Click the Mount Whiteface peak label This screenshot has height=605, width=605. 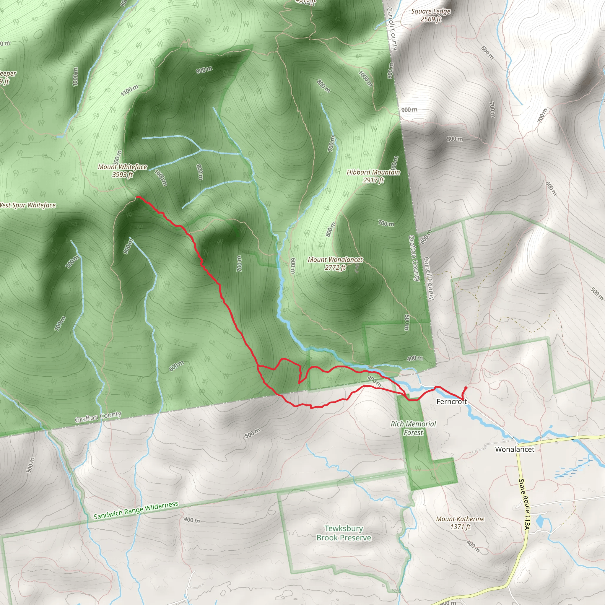click(x=122, y=167)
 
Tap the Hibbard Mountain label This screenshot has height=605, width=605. click(x=373, y=172)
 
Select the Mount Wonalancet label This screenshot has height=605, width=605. click(x=335, y=260)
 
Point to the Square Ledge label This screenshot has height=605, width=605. click(x=431, y=12)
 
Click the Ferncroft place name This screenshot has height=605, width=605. click(x=451, y=401)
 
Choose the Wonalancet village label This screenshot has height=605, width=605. click(x=515, y=449)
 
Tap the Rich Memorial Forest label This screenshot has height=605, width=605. click(x=413, y=428)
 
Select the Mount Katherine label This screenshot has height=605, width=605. click(x=460, y=519)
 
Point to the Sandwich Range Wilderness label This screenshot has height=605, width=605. click(x=136, y=510)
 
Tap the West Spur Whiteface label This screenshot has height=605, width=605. click(x=27, y=205)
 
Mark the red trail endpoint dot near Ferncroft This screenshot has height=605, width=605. click(x=466, y=388)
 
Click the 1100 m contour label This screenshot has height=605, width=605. click(x=129, y=90)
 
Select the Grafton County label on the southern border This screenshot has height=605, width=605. click(x=98, y=417)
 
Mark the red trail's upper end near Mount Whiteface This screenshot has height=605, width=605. click(x=137, y=197)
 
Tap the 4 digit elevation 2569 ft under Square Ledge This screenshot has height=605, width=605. click(x=431, y=19)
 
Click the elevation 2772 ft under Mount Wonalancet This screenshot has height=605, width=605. click(x=335, y=267)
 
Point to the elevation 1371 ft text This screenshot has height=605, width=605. click(x=460, y=527)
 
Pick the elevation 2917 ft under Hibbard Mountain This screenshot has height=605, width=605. click(x=373, y=180)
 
